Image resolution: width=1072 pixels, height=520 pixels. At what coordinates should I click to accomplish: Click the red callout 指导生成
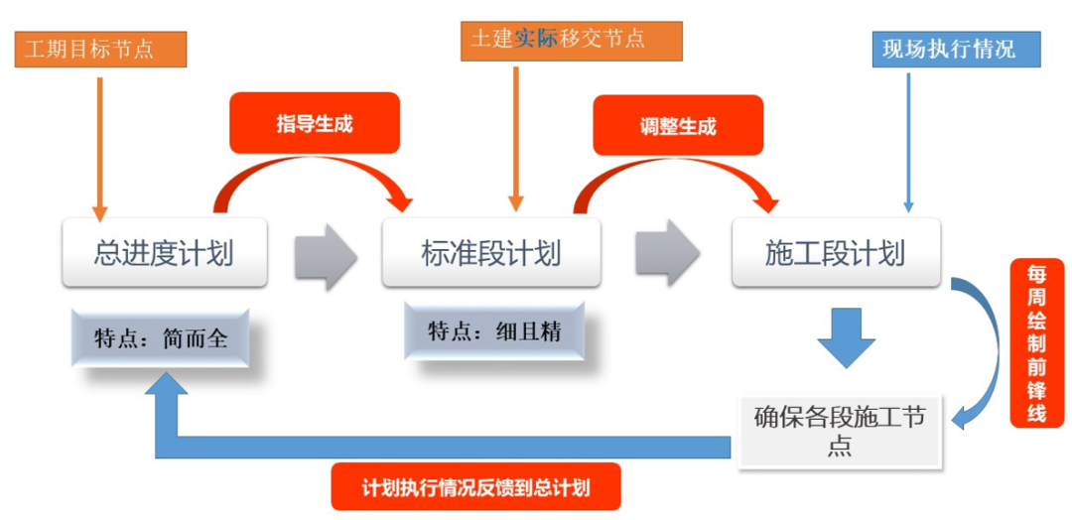314,124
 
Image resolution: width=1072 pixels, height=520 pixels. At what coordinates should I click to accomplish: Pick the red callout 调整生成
677,126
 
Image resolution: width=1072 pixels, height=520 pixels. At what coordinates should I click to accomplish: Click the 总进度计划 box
165,253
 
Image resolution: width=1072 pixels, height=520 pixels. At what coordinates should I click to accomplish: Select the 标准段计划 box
491,253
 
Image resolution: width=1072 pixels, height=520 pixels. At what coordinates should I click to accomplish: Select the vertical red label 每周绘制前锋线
1035,342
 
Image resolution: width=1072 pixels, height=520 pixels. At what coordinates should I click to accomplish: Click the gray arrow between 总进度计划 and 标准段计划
325,255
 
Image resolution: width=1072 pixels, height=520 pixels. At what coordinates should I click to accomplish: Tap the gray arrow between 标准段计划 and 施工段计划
666,255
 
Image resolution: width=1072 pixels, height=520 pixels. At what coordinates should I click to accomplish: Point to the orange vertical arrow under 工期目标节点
99,149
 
